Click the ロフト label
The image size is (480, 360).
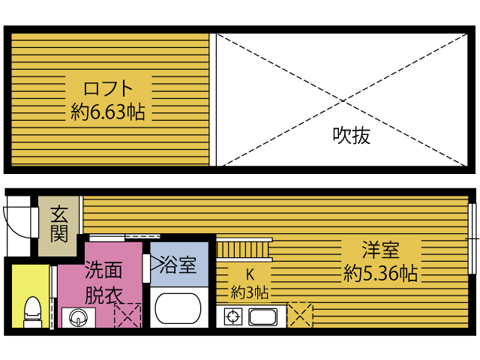coord(108,86)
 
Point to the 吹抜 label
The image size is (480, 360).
coord(351,136)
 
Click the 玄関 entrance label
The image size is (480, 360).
coord(60,223)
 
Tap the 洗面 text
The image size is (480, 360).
coord(102,268)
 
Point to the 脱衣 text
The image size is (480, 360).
coord(102,294)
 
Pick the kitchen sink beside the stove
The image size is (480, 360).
coord(263,316)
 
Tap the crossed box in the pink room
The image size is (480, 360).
coord(127,315)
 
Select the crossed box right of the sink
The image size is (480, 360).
coord(301,314)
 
